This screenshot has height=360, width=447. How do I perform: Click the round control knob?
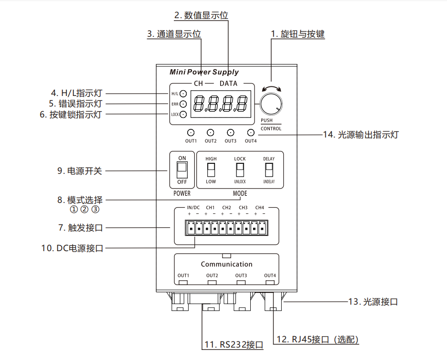coord(271,104)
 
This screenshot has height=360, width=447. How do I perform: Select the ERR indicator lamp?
coord(183,104)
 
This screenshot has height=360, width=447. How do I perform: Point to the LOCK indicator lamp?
coord(183,114)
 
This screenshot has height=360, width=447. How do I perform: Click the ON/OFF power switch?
coord(182,169)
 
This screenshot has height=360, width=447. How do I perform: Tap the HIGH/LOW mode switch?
coord(211,169)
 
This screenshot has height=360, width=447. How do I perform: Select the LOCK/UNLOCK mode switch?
coord(240,169)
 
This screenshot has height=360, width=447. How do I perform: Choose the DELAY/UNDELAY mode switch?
coord(269,169)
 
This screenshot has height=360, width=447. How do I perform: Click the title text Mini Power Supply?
coord(204,72)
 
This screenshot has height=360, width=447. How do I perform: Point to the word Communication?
coord(226,264)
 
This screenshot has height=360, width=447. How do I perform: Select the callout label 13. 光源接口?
coord(372,302)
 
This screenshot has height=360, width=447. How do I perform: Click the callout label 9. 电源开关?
coord(80,170)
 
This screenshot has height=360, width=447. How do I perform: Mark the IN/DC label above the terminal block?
coord(193,208)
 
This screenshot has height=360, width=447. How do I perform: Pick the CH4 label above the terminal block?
coord(259,208)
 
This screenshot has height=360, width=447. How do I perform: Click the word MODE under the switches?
coord(240,193)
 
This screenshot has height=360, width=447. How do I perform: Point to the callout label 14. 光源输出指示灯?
coord(361,135)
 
